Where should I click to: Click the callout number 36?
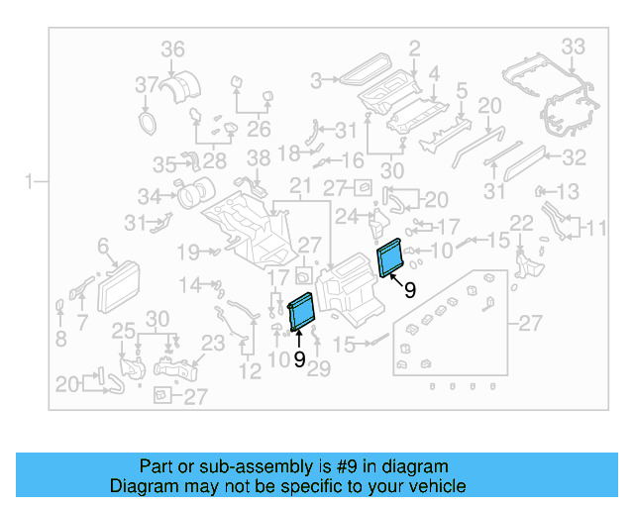173,50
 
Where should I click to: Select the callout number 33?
574,46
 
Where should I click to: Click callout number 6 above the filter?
102,246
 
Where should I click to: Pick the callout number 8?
60,338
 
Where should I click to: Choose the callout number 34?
149,195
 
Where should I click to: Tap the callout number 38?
258,158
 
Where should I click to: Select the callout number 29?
318,367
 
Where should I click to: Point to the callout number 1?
30,180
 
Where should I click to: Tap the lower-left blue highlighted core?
300,312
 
